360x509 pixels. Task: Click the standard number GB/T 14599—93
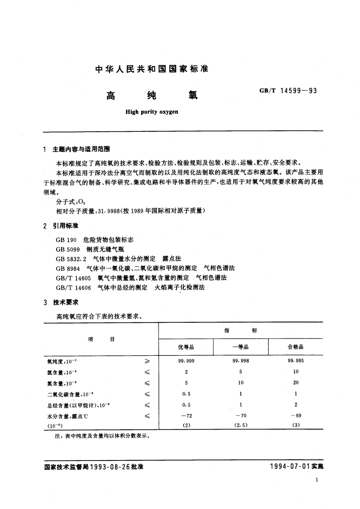pos(288,90)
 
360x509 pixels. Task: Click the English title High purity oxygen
pos(152,112)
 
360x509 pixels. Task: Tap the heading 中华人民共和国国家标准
pos(152,69)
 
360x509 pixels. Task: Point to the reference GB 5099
pos(68,249)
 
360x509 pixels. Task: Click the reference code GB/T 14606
pos(73,287)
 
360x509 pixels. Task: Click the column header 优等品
pos(186,347)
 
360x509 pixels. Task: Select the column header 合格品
pos(295,347)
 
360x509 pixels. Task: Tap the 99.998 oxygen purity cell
pos(241,361)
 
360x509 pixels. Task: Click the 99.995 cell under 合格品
pos(296,361)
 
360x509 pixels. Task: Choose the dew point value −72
pos(186,416)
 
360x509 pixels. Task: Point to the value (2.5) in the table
pos(241,425)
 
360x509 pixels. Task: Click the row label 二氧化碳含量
pos(63,394)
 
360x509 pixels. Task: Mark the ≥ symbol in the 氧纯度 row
pos(147,361)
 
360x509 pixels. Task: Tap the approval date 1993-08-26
pos(110,467)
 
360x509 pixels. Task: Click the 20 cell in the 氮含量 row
pos(296,383)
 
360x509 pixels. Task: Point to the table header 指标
pos(241,331)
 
